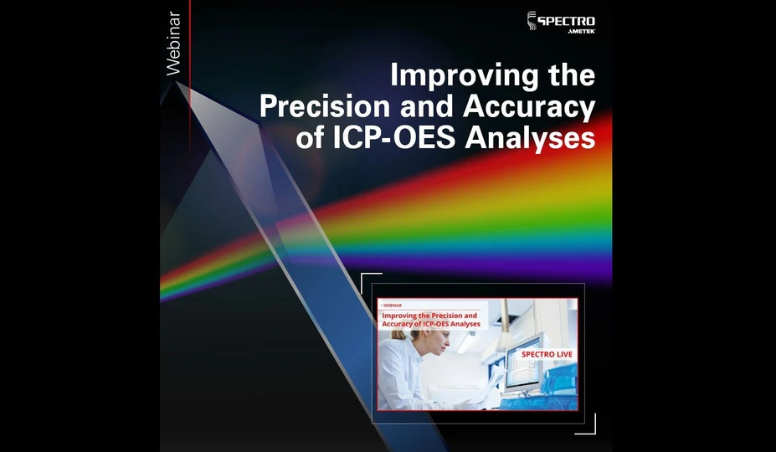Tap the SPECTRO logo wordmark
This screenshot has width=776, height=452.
coord(566,18)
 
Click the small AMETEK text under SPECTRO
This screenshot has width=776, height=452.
coord(579,31)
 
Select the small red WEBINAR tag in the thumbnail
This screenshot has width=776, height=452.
coord(391,306)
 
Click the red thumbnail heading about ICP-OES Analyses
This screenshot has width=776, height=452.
coord(431,319)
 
